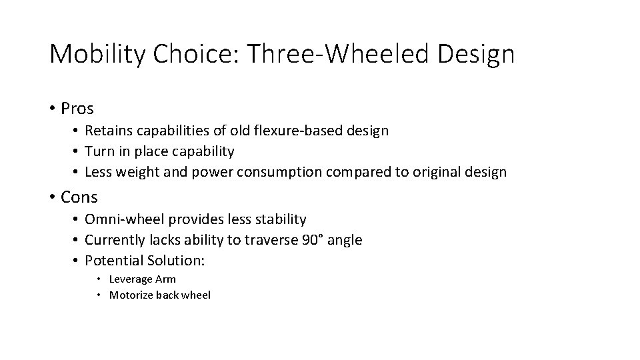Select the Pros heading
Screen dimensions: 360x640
click(77, 108)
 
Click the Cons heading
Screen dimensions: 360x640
click(79, 197)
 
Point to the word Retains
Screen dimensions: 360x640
click(107, 131)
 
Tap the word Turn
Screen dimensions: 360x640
click(99, 151)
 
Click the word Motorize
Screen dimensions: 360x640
click(131, 295)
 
